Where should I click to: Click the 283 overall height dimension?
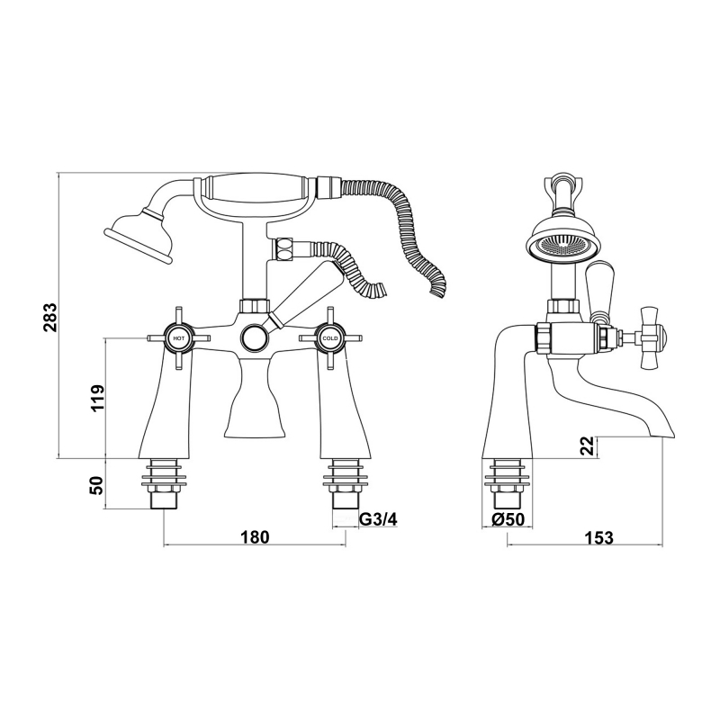(x=50, y=318)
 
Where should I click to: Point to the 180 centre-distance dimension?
(x=255, y=537)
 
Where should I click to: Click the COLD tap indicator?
(x=329, y=338)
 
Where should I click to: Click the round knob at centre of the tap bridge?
(x=254, y=338)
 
